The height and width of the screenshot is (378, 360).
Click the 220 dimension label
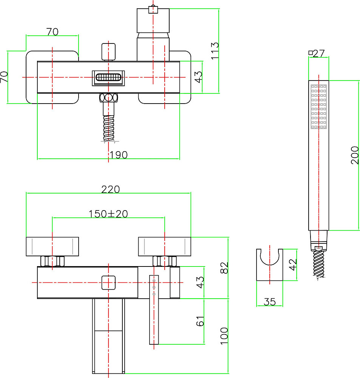[110, 189]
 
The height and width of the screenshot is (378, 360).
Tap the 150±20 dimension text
[108, 214]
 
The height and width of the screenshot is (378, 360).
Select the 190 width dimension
[119, 155]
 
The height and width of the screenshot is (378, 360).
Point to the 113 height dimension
[215, 51]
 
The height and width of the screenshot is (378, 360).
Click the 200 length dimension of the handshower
[355, 155]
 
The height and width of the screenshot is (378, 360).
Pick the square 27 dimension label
[317, 53]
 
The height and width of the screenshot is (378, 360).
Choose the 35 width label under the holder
[270, 302]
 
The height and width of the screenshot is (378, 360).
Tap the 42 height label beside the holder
[292, 265]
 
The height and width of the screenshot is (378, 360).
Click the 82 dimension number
[224, 268]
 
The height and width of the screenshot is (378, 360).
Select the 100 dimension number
[224, 336]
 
